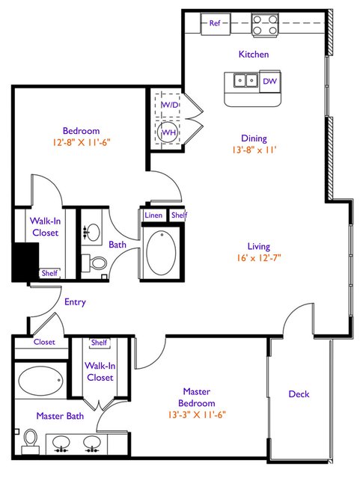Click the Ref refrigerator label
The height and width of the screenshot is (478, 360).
215,23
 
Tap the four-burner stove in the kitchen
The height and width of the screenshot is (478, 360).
265,25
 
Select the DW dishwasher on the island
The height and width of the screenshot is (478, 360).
269,81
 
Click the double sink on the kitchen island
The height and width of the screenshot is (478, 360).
245,81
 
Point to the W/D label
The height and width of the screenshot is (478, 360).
170,105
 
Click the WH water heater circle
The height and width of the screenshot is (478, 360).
168,132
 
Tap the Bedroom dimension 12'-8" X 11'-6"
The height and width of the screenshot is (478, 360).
81,142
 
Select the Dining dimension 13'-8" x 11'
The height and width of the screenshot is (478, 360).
254,150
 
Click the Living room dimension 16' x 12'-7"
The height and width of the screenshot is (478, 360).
259,258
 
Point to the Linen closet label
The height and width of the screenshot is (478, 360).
153,215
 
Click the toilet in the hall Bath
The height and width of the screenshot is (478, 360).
94,263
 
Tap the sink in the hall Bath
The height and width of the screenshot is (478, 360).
92,233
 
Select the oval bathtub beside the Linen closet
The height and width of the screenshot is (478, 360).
161,252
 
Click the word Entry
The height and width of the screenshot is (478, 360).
75,302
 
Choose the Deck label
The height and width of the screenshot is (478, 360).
299,394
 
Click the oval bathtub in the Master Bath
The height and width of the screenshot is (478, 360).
41,379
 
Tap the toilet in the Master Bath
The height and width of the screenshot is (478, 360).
30,441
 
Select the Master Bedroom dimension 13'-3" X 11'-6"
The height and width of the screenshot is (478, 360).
197,414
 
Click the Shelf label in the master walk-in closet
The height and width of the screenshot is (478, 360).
99,343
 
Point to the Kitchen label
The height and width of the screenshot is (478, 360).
254,55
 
